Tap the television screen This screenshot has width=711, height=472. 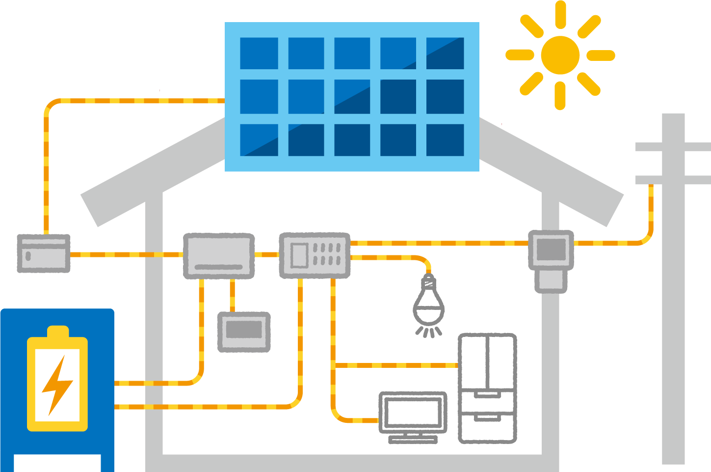(x=413, y=413)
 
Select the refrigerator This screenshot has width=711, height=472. (x=487, y=388)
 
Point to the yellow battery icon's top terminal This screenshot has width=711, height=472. (x=57, y=332)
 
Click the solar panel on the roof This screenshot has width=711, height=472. (x=352, y=97)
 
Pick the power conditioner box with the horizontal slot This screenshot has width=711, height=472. (x=219, y=256)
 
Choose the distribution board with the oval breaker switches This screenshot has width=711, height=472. (x=315, y=255)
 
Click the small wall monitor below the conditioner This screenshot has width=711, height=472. (x=244, y=332)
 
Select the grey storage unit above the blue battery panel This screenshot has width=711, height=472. (x=43, y=270)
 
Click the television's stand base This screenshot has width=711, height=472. (x=413, y=439)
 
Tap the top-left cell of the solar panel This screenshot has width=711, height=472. (x=259, y=53)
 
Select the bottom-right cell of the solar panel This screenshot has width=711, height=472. (x=445, y=140)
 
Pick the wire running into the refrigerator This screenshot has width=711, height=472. (x=395, y=365)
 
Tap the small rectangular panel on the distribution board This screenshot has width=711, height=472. (x=299, y=255)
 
